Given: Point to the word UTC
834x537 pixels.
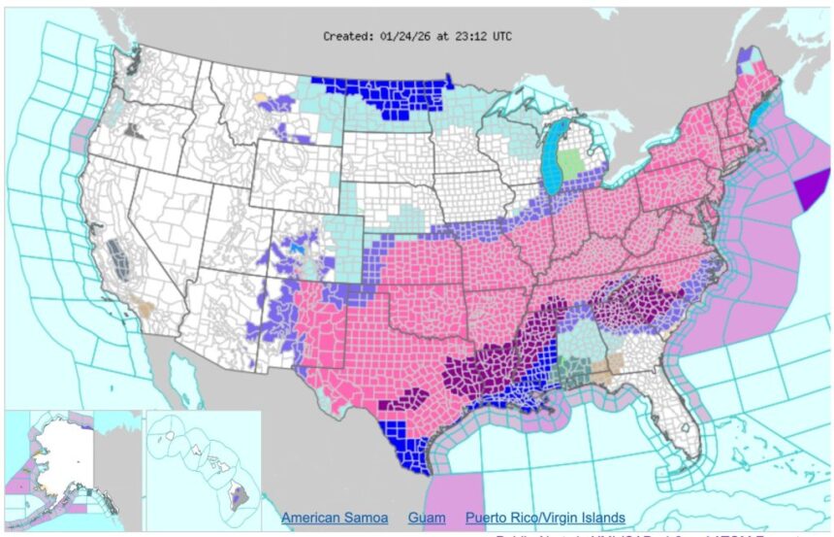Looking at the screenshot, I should coord(499,36).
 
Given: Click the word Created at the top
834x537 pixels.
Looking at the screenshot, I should coord(347,36).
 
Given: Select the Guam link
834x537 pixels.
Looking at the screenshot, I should coord(426,518).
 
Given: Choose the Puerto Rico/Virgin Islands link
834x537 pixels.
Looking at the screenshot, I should coord(544,518).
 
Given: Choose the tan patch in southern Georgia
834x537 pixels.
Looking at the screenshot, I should coord(607,368).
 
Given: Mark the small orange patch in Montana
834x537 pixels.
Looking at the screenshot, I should coord(259,97).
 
